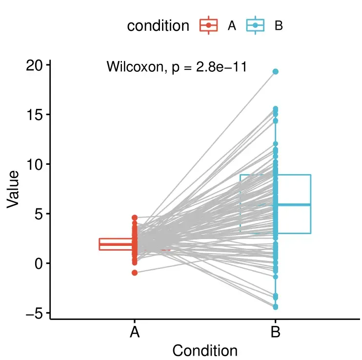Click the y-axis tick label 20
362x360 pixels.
(x=34, y=65)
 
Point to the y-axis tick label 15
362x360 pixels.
(x=34, y=115)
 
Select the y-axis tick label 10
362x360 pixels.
(x=34, y=164)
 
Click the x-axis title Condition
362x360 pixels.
(x=205, y=350)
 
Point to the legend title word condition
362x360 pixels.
(x=158, y=26)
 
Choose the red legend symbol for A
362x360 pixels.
(x=209, y=25)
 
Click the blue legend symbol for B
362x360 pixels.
(x=256, y=25)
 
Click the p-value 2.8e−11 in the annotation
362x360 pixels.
(x=221, y=67)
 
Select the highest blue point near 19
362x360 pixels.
(x=276, y=72)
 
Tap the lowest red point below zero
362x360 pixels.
(x=135, y=273)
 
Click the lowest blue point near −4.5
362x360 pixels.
(x=276, y=307)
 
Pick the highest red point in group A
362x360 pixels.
(x=135, y=218)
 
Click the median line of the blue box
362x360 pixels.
(x=293, y=205)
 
